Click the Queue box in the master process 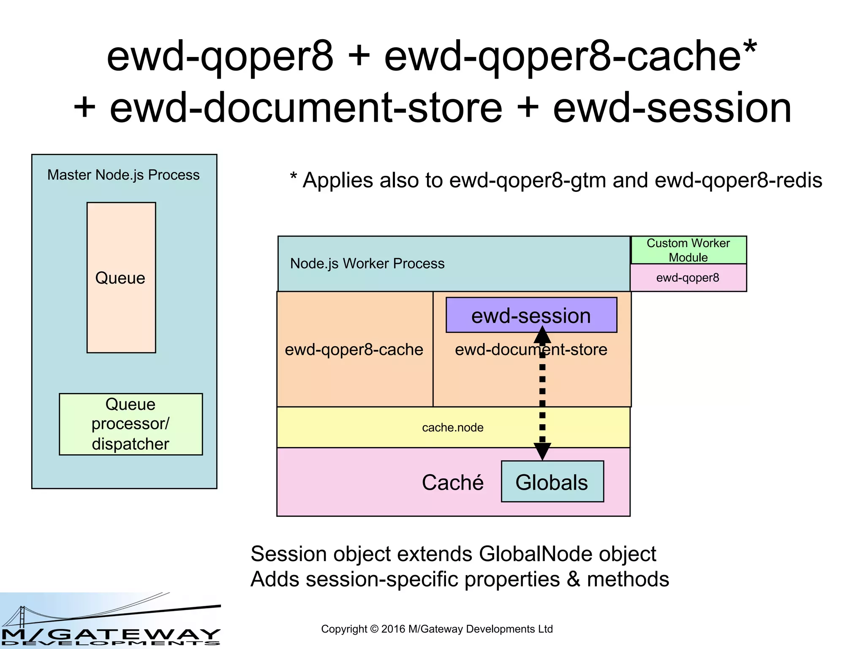click(x=121, y=277)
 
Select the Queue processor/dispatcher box click(x=131, y=424)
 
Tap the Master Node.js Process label click(x=123, y=175)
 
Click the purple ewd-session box click(x=531, y=315)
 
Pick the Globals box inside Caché click(x=552, y=482)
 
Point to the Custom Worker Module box click(x=688, y=250)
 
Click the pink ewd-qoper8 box click(x=688, y=278)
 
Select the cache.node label click(x=452, y=427)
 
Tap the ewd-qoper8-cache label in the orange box click(x=354, y=349)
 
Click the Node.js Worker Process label click(x=367, y=263)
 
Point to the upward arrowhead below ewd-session click(x=542, y=335)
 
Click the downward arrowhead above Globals click(x=542, y=451)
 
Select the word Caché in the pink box click(x=452, y=482)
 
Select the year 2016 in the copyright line click(x=393, y=629)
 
